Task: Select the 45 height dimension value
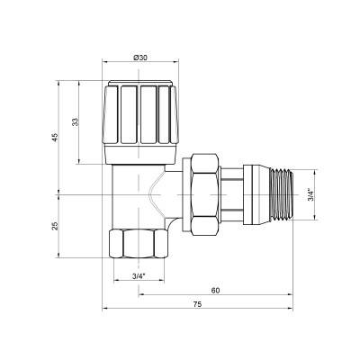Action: tap(56, 137)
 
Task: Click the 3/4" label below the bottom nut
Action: tap(139, 274)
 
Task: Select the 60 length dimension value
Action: tap(216, 291)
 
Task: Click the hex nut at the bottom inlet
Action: tap(139, 244)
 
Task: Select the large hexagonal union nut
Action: tap(202, 193)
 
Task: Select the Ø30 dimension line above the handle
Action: tap(140, 67)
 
